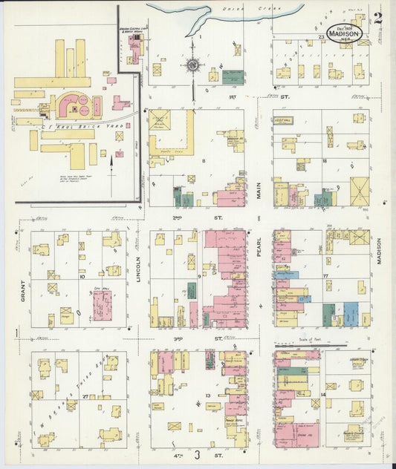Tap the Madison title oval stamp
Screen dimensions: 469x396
coord(345,33)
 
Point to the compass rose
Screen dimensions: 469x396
coord(192,65)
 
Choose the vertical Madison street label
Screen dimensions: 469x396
coord(379,256)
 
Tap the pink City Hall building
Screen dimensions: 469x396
coord(103,305)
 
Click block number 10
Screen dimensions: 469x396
coord(82,277)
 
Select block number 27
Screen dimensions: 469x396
coord(85,397)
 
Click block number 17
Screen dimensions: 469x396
coord(325,277)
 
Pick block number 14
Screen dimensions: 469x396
coord(323,394)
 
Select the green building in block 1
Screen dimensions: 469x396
coord(233,76)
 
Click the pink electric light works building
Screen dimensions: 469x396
coord(134,49)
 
